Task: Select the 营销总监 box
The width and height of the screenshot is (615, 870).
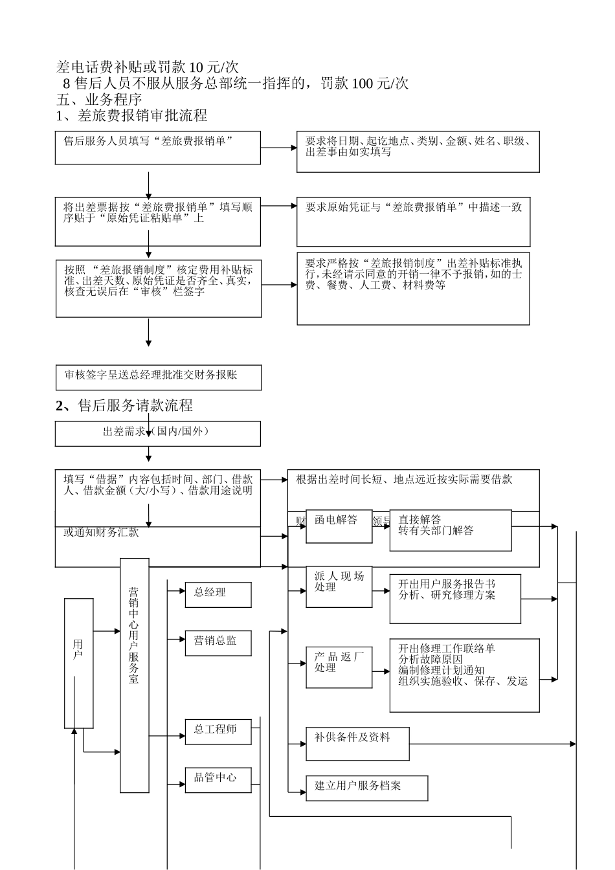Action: click(218, 642)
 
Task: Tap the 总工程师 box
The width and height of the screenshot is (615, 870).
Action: click(218, 731)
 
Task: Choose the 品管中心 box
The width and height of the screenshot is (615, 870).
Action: click(218, 779)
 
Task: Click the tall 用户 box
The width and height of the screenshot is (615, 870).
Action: click(79, 663)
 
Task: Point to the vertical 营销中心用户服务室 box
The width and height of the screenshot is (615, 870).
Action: click(134, 675)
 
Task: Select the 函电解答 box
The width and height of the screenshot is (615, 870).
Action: click(339, 526)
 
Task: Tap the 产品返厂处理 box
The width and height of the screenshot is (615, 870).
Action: click(339, 667)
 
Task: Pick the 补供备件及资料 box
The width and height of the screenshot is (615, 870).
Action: click(357, 743)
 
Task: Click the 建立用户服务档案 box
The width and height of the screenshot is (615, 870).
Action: click(366, 787)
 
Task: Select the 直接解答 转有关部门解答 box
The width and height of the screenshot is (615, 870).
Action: click(450, 530)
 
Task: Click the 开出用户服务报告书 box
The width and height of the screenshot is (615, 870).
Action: click(454, 598)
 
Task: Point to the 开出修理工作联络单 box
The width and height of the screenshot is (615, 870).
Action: click(464, 675)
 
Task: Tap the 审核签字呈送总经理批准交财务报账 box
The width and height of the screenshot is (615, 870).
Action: click(158, 377)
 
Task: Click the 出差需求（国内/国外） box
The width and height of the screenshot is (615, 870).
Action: click(157, 433)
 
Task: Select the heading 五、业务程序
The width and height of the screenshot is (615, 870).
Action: click(100, 100)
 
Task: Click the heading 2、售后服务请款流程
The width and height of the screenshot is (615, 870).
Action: click(124, 406)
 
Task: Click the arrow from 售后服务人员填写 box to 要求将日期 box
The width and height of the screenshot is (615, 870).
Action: click(278, 148)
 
